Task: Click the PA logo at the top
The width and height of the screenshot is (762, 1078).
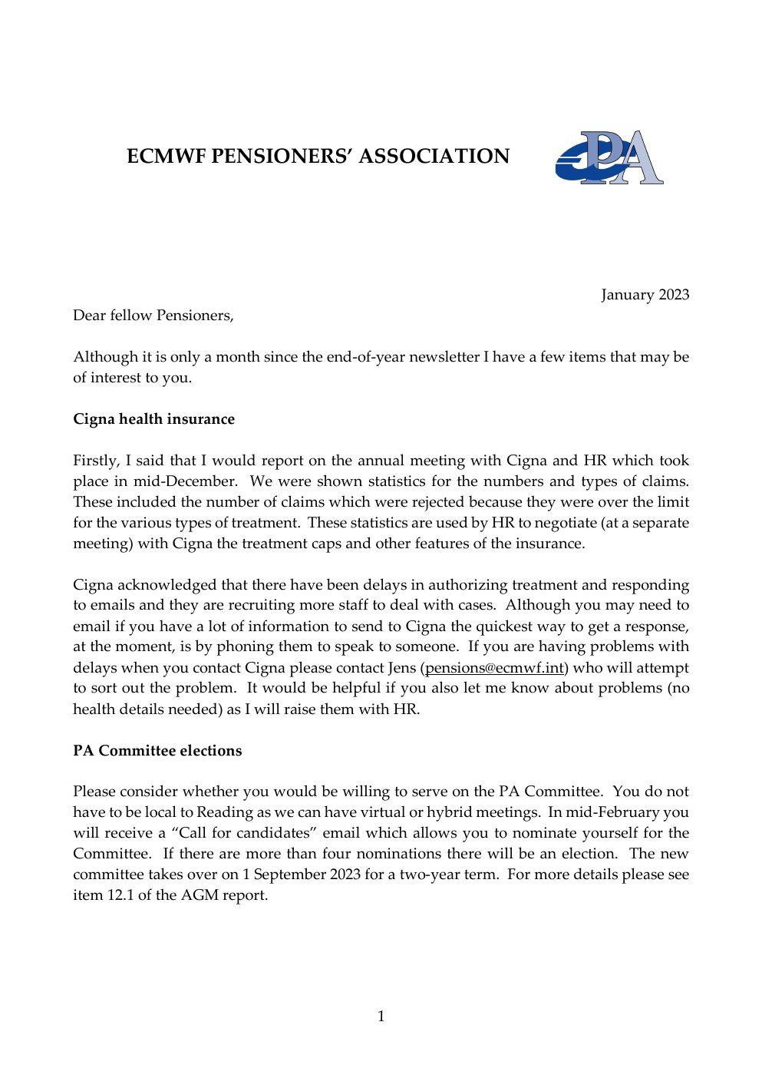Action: pos(609,157)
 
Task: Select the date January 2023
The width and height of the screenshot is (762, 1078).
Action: pos(645,295)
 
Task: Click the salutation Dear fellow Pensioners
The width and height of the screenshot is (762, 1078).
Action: pos(153,316)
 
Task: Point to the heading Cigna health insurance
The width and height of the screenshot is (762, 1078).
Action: pos(153,419)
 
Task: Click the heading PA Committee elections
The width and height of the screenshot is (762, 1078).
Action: pos(157,751)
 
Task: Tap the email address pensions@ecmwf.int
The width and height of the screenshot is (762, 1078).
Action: pos(494,668)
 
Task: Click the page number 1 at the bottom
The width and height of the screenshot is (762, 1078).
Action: pos(381,1017)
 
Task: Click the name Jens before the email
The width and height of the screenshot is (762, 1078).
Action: pos(402,668)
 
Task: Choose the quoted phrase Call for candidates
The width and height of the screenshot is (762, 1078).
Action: pos(248,833)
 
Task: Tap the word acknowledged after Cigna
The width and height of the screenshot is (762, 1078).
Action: pos(167,585)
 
